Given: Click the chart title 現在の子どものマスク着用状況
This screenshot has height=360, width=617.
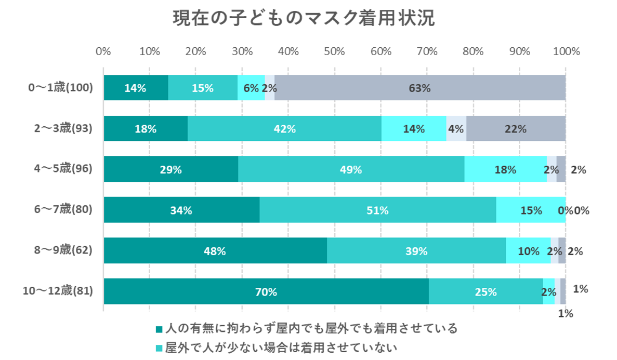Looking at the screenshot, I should [304, 18].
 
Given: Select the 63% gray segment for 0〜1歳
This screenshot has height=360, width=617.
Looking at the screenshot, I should [419, 88].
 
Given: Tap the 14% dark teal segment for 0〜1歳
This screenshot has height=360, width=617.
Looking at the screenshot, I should [136, 88].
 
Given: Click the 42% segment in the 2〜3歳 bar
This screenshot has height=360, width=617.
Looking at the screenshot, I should [284, 129].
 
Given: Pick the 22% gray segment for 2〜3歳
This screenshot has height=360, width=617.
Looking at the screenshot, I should [516, 129].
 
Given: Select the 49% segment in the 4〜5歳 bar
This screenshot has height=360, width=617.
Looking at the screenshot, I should [351, 169].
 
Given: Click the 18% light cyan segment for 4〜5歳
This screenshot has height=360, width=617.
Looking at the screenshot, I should [505, 169].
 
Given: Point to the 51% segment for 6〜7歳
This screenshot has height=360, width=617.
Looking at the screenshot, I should [377, 210].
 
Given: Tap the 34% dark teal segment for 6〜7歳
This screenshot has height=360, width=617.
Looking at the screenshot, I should [181, 210].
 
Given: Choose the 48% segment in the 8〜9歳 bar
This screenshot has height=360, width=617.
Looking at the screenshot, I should [215, 251].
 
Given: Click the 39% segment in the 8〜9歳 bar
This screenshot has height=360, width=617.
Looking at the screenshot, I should [416, 251].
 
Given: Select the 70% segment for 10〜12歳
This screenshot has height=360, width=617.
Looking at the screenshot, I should [266, 291].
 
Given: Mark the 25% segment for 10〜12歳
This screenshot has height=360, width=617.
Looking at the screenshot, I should [485, 291].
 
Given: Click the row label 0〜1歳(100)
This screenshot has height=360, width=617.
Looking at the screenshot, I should [61, 88].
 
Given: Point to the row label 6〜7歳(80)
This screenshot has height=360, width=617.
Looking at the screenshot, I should [63, 210].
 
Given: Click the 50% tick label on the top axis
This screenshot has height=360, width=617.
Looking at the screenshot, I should [334, 51].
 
